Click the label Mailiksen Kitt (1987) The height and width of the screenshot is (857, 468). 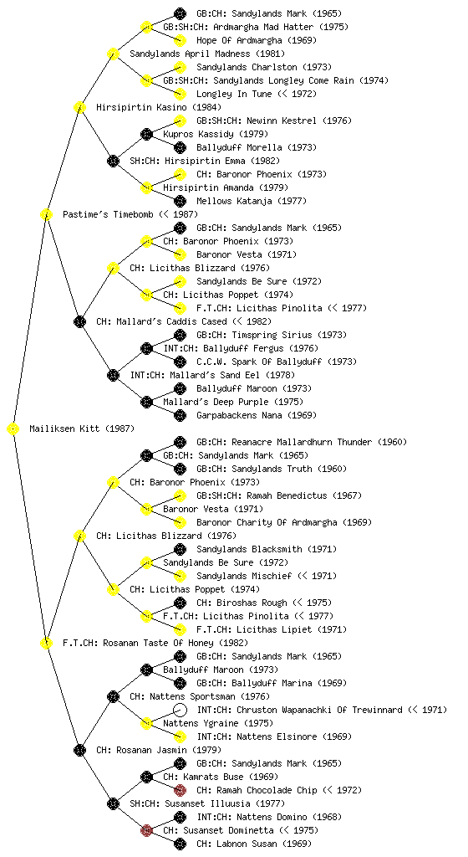pos(82,428)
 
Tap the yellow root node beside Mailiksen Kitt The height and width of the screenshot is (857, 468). pos(13,428)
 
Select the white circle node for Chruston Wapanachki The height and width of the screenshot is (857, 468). pos(180,710)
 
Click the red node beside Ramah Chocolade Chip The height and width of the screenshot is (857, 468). pos(180,790)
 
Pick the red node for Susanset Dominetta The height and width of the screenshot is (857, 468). pos(146,830)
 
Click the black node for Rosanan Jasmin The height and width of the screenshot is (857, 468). pos(79,750)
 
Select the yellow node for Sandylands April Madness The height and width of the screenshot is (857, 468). pos(113,54)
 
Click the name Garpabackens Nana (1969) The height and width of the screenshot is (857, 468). pos(257,415)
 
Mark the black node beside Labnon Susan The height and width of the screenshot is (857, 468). pos(180,844)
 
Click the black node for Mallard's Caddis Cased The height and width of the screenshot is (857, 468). pos(79,321)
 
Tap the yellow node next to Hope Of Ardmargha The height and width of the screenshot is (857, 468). pos(180,40)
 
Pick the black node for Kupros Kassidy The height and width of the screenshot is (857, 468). pos(146,134)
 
